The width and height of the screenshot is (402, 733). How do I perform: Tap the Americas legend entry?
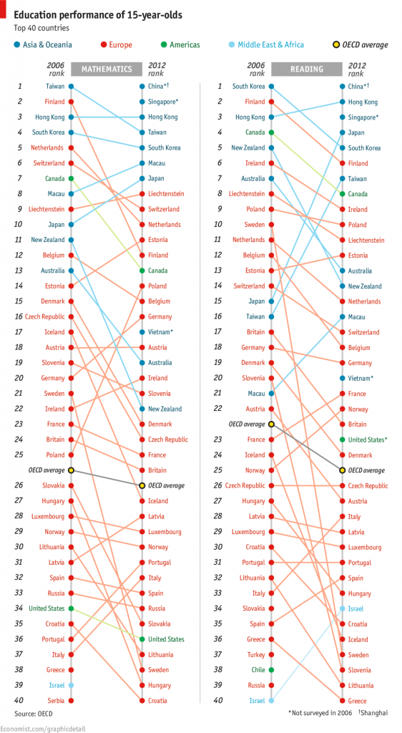coord(180,45)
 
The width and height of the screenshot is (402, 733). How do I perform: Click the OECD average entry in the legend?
coord(360,45)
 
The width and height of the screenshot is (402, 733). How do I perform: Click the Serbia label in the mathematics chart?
coord(56,700)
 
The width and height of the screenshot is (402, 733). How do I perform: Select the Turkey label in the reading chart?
coord(256,654)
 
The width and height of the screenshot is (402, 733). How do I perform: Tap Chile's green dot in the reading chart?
coord(271,670)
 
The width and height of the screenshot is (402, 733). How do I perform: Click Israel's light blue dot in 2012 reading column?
coord(343,608)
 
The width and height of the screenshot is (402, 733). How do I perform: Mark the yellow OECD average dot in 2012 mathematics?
coord(142,486)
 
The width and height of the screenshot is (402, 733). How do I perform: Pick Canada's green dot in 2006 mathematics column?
coord(71,178)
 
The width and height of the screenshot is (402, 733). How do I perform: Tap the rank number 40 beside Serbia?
coord(20,700)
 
